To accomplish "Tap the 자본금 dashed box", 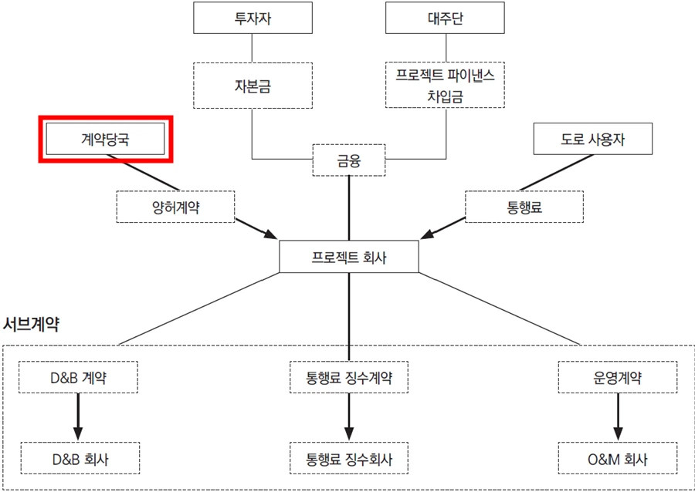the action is pyautogui.click(x=252, y=85).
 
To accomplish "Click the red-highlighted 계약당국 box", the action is pyautogui.click(x=105, y=139).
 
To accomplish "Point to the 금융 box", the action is pyautogui.click(x=349, y=160).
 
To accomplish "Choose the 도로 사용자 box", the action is pyautogui.click(x=593, y=139).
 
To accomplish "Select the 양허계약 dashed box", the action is pyautogui.click(x=175, y=206).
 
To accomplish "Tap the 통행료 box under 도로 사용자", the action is pyautogui.click(x=524, y=206).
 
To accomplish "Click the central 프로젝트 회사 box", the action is pyautogui.click(x=349, y=257).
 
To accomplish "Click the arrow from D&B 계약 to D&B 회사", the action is pyautogui.click(x=78, y=417).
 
